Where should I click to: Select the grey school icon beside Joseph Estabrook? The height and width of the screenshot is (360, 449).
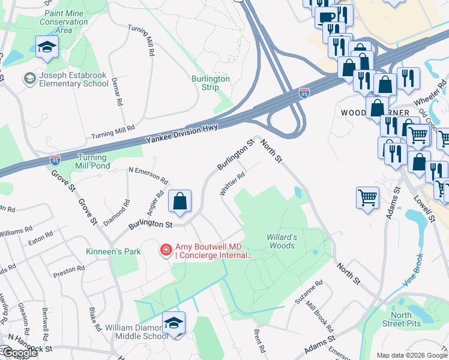(28, 79)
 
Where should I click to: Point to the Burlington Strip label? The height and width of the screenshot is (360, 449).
(210, 83)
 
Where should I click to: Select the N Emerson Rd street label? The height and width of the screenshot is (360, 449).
(148, 175)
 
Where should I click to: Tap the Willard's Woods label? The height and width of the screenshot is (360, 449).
(280, 241)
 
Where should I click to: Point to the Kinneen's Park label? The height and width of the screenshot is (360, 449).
(113, 251)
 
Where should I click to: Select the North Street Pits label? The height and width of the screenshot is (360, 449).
(409, 319)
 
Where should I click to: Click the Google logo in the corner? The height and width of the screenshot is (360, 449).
(19, 353)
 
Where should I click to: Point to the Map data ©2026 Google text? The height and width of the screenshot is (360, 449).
(411, 355)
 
